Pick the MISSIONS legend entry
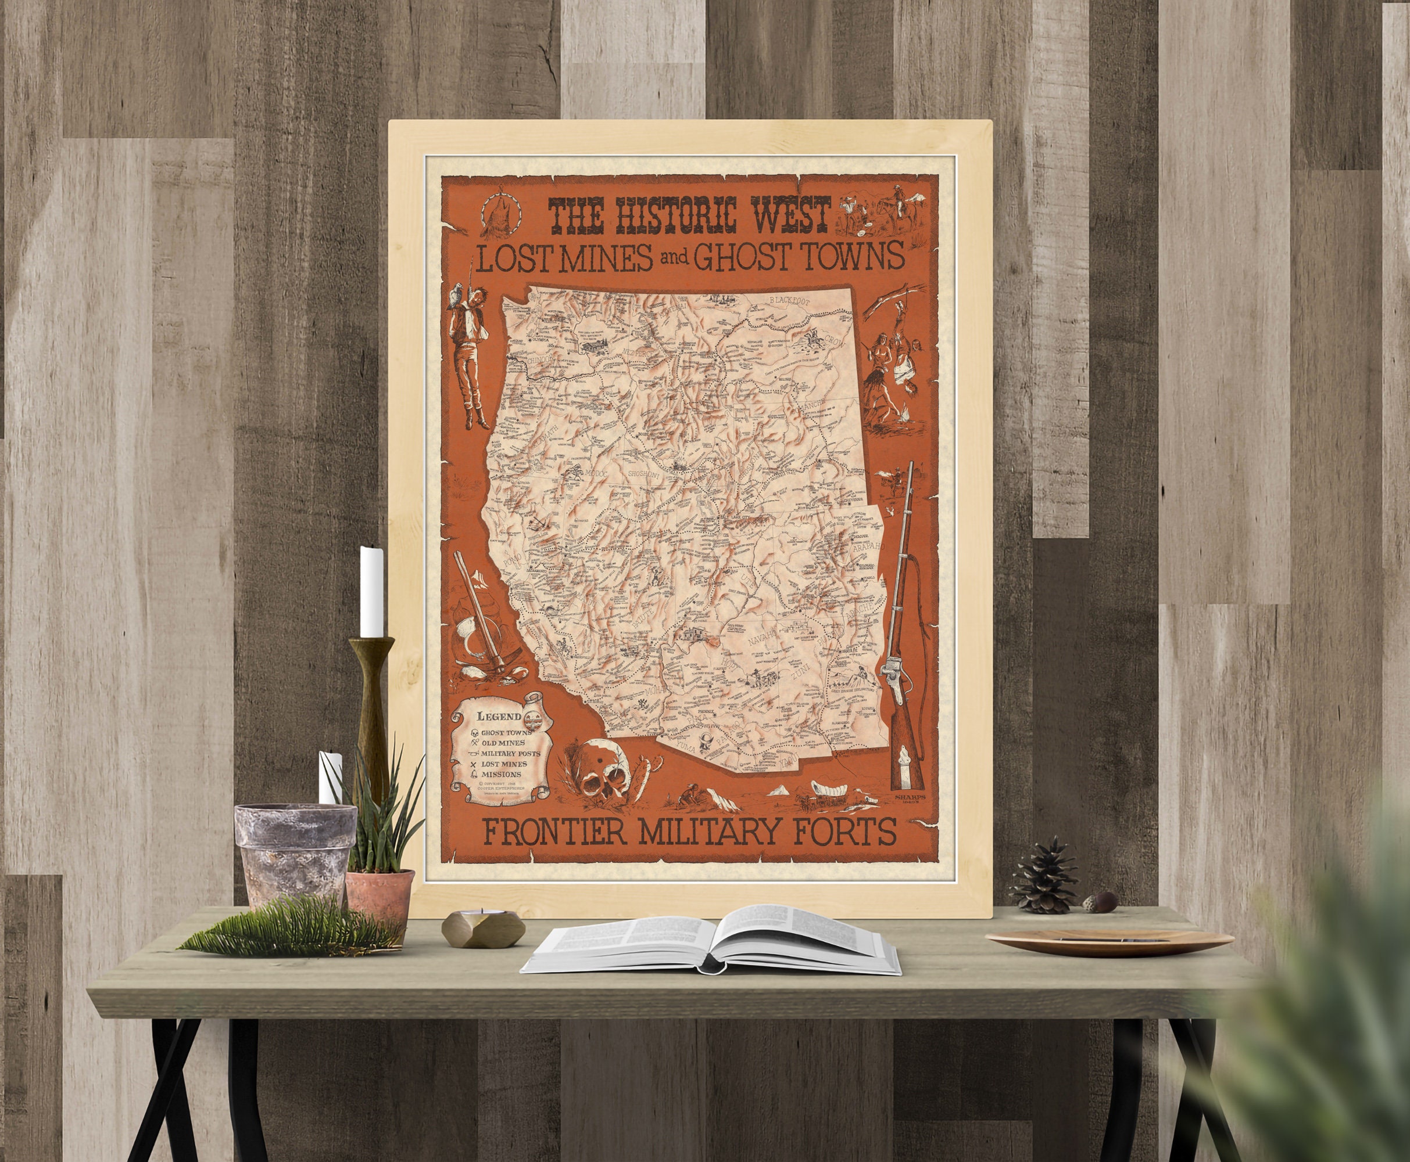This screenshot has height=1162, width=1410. point(501,775)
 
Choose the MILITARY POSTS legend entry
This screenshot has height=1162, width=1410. point(519,754)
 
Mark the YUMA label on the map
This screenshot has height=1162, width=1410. point(683,744)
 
